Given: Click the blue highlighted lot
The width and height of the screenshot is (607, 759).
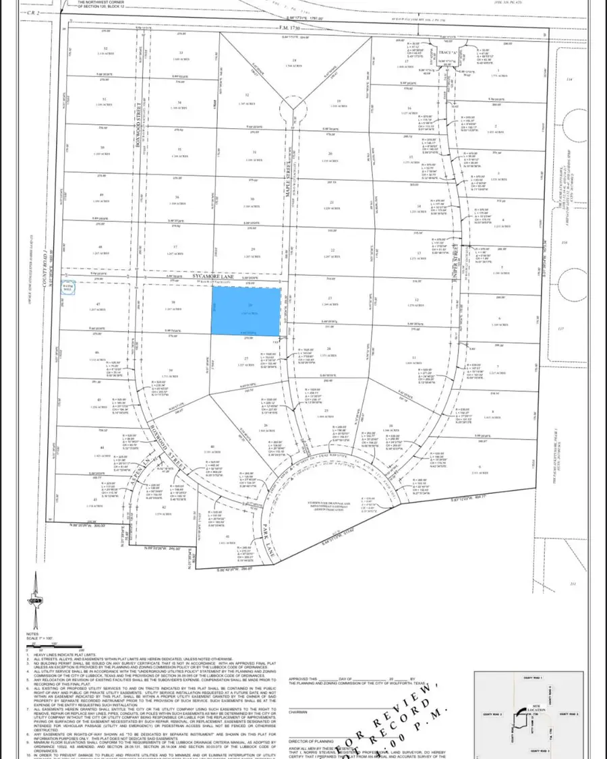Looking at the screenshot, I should [245, 311].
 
